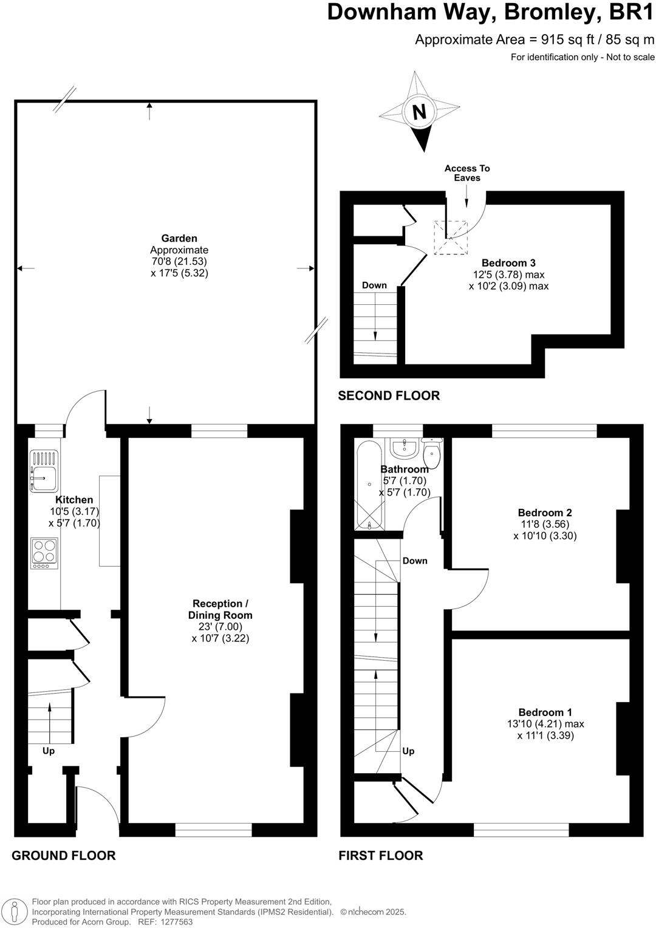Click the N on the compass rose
coord(419,112)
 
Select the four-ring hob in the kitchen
coord(44,553)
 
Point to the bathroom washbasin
coord(403,448)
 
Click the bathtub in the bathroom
coord(369,485)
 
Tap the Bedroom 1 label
coord(545,712)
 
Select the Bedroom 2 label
coord(545,512)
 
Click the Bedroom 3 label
coord(508,263)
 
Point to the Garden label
coord(179,239)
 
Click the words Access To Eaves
coord(466,173)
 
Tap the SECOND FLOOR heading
coord(389,396)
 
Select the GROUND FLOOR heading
coord(64,856)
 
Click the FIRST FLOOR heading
coord(381,856)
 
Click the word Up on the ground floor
coord(49,751)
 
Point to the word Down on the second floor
coord(374,285)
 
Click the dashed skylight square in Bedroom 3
coord(450,237)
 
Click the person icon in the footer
coord(16,912)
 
